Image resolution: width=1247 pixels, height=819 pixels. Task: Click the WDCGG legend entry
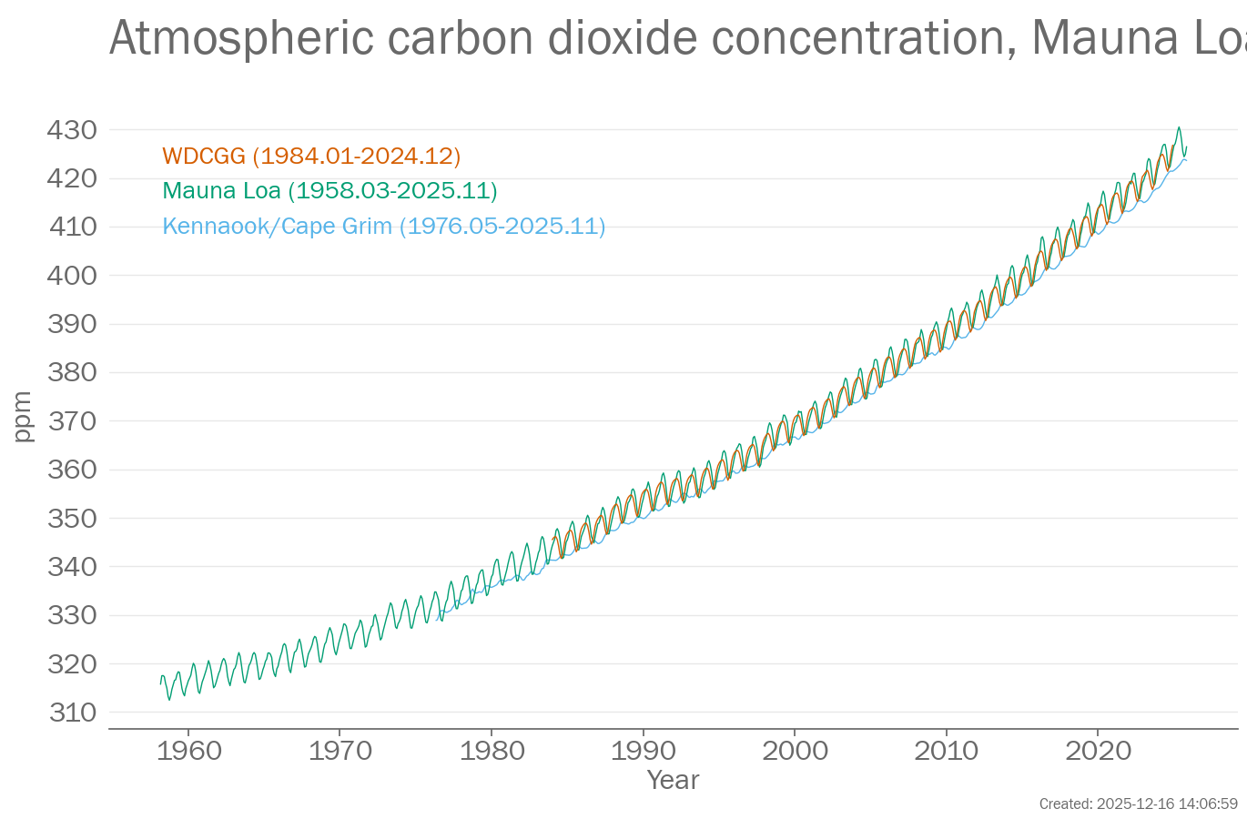point(311,157)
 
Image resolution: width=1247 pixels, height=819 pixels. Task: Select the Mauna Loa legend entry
point(329,191)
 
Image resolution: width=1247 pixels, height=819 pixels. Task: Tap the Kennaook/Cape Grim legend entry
point(383,227)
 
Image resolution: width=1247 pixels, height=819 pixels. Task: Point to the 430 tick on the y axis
point(72,130)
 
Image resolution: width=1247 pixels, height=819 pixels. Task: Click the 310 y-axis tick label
point(72,713)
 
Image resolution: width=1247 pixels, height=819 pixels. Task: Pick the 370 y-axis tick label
point(72,421)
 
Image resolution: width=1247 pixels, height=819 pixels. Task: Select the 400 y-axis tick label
point(72,276)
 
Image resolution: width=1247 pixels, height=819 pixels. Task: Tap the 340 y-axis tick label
point(72,567)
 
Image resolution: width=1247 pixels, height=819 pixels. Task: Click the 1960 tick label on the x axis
point(188,751)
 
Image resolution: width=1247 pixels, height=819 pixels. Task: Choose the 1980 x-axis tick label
point(492,751)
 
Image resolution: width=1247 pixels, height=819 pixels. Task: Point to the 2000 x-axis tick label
point(795,751)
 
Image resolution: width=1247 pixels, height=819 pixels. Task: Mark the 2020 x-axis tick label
point(1098,751)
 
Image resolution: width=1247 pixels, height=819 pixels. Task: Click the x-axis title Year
point(673,780)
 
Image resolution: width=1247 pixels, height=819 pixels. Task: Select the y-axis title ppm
point(23,417)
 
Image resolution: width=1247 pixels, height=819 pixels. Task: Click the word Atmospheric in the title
point(241,39)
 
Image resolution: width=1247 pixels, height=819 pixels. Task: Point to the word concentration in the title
point(863,39)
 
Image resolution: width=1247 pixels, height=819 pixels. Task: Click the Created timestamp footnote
point(1138,804)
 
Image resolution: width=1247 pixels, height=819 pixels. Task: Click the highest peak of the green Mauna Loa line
point(1179,127)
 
